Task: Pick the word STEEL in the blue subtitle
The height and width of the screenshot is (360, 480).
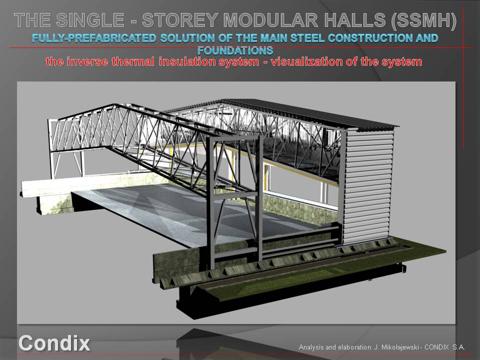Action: pos(307,38)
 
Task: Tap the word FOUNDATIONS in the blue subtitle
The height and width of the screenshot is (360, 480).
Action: pos(235,50)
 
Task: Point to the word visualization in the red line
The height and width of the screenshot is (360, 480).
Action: pos(306,61)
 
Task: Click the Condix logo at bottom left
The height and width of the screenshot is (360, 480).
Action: pos(54,343)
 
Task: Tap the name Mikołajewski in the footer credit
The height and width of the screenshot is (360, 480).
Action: pos(399,347)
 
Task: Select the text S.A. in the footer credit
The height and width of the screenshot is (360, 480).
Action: pos(459,347)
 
